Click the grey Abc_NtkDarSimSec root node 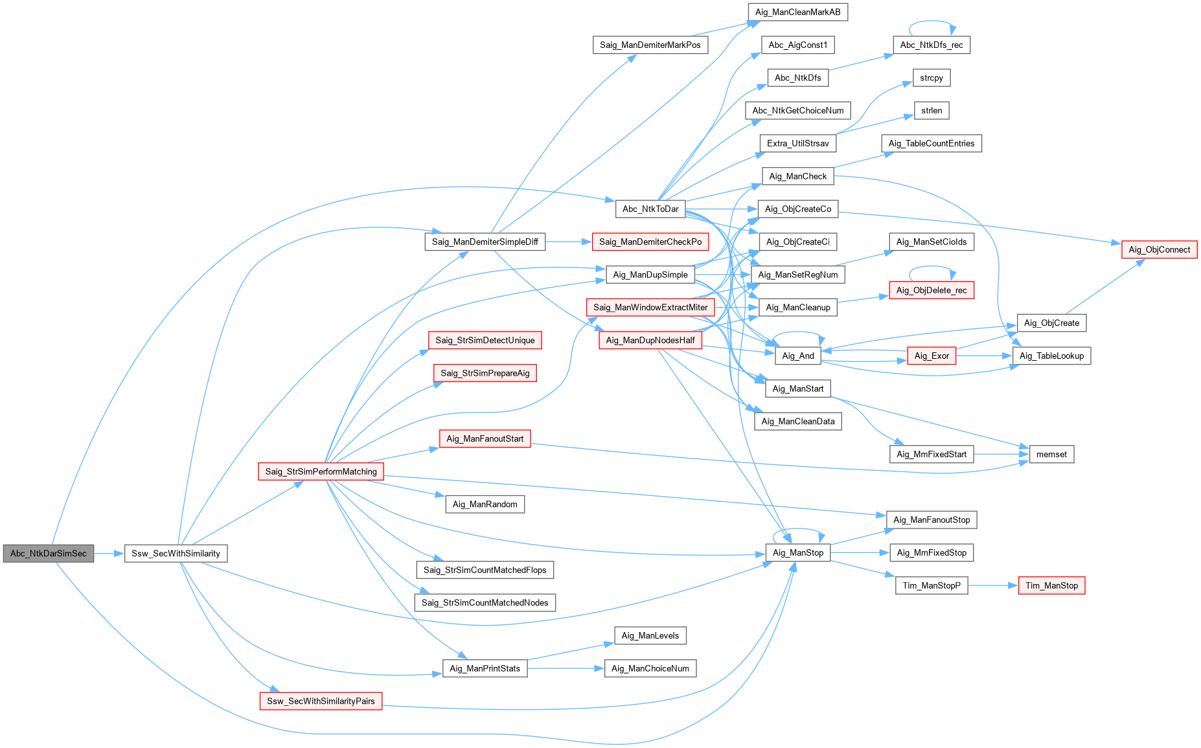(49, 553)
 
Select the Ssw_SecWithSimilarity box (176, 553)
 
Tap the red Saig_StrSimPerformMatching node (321, 471)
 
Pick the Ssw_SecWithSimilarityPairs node (321, 701)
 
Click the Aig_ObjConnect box (1159, 249)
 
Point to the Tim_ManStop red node (1051, 585)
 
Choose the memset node (1051, 454)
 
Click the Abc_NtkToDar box (650, 209)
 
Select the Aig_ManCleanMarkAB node (797, 12)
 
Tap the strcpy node (932, 78)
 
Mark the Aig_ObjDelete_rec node (932, 290)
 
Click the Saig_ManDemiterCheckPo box (650, 242)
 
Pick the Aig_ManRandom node (485, 504)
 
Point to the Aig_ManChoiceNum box (650, 668)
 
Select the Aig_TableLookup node (1051, 356)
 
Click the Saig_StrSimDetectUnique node (485, 340)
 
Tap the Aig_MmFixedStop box (932, 552)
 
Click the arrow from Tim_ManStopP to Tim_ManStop (993, 585)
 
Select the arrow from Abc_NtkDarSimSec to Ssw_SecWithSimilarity (109, 553)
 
